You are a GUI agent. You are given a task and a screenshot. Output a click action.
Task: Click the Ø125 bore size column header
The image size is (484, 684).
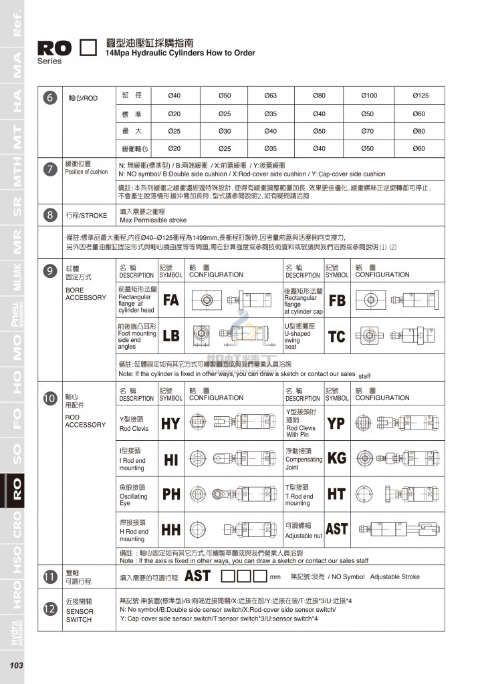420,96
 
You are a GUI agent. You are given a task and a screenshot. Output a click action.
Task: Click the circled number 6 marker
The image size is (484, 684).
49,98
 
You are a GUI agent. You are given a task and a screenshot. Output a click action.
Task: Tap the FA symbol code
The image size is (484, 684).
171,300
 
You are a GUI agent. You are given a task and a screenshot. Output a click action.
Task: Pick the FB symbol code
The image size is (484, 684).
337,300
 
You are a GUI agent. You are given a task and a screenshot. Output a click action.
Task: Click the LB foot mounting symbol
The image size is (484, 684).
171,335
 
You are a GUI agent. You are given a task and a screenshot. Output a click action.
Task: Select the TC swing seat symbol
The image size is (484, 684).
336,335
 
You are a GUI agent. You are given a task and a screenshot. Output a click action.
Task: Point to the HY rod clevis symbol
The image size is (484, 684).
170,423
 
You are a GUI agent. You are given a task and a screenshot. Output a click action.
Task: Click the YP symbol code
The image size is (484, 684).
336,423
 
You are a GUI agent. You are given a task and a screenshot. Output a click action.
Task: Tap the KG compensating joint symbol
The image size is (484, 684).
337,459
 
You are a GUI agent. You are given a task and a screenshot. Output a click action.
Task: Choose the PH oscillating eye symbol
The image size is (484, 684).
171,494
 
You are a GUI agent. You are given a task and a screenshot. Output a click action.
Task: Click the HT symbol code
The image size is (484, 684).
336,494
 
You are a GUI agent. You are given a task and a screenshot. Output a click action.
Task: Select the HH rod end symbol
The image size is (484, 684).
171,530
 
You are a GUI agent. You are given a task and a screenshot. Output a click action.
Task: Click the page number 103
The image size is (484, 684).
16,665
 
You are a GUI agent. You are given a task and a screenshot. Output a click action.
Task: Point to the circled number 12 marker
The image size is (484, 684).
49,609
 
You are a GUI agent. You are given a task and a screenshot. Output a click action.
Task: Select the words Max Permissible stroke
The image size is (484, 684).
153,220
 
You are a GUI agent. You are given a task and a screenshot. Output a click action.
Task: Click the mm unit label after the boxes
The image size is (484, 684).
275,576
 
